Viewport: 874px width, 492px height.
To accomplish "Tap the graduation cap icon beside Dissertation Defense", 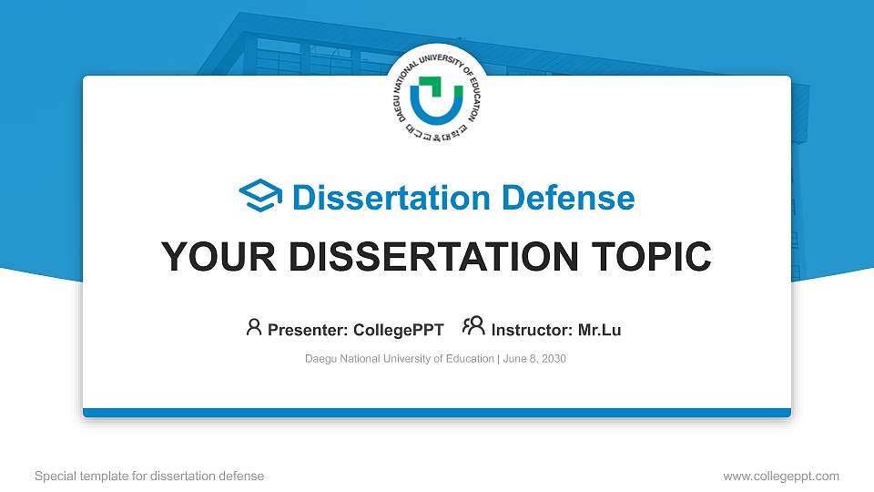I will [261, 197].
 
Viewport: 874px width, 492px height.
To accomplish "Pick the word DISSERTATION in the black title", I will [429, 257].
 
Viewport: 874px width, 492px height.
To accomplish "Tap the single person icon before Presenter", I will [254, 327].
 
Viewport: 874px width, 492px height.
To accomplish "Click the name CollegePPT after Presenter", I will [399, 330].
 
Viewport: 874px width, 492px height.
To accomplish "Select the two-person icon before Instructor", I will [473, 327].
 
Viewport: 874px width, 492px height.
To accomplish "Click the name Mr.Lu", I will [599, 330].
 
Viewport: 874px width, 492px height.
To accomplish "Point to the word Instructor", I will [532, 330].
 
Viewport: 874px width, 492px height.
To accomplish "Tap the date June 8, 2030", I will [534, 359].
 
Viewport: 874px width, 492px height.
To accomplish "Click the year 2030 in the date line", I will [553, 359].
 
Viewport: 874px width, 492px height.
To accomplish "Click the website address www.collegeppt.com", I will [781, 476].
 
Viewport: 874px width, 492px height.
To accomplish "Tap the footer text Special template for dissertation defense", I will [149, 476].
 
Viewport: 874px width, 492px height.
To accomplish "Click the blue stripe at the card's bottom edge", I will [437, 413].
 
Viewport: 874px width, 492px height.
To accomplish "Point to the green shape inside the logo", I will [432, 88].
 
